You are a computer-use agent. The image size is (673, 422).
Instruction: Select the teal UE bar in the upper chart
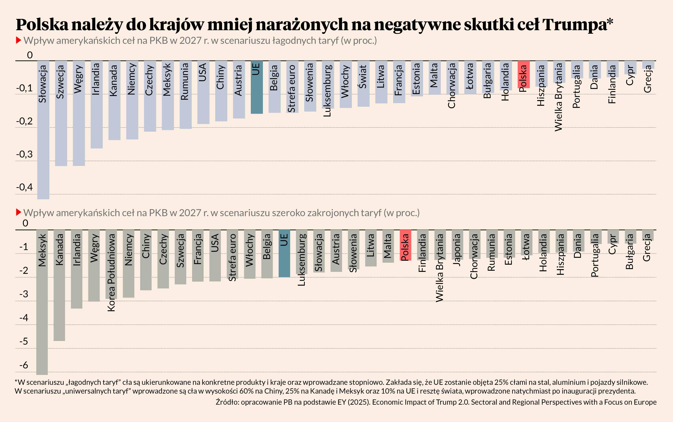257,87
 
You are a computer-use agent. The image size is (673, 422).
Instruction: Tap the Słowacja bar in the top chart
43,130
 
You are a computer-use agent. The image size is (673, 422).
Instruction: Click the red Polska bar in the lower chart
405,245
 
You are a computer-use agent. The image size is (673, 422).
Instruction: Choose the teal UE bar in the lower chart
284,253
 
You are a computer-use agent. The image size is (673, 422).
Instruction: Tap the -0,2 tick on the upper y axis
25,121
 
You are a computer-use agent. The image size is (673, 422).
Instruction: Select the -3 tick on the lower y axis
24,294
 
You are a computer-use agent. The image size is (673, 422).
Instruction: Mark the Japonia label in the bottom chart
457,250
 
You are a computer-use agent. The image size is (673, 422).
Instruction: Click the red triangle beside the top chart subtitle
19,41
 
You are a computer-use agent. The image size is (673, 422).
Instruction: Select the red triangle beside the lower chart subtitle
19,212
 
